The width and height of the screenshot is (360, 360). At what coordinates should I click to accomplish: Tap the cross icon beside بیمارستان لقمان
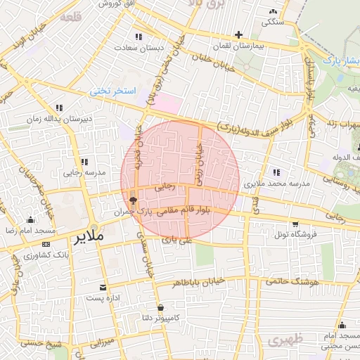238,34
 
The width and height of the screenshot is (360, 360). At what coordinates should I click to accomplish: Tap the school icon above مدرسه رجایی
85,162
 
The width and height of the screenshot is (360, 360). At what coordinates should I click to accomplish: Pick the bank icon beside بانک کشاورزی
46,244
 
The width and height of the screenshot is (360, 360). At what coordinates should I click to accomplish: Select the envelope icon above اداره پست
103,287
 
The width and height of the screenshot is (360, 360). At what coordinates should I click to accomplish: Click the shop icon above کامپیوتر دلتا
161,307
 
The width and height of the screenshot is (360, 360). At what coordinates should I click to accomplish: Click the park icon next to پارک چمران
133,200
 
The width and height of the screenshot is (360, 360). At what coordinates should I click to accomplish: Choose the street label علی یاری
176,240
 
